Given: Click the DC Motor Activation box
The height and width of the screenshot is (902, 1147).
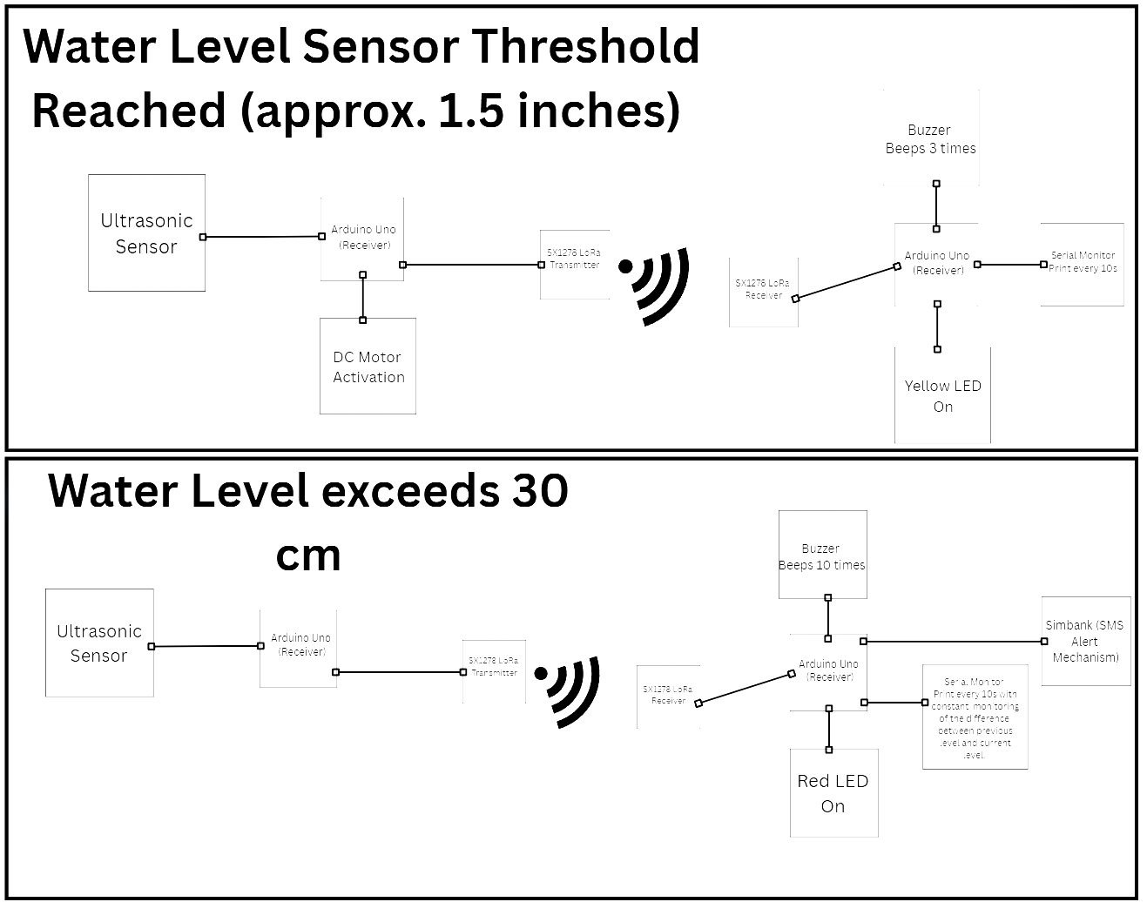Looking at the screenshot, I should point(368,367).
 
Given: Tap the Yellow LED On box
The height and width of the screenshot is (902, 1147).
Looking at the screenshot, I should point(942,395).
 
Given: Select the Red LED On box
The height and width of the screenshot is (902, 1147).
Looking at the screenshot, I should point(833,793).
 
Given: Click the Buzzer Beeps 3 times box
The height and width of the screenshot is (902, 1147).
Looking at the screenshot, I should point(930,139).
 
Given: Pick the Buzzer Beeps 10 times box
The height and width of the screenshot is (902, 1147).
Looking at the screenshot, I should point(822,555).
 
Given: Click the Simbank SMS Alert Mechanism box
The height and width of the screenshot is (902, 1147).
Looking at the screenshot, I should point(1085,641).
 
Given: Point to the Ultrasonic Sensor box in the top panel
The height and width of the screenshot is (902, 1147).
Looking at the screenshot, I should point(146,232).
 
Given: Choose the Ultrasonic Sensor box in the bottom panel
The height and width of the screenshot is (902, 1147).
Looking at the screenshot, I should point(99,643).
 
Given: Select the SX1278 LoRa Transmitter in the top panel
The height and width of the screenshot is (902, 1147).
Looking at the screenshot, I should point(574,260).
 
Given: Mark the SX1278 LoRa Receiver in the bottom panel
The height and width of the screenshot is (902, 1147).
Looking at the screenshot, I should point(668,696).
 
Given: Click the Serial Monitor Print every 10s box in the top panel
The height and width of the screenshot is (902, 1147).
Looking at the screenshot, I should point(1083,262).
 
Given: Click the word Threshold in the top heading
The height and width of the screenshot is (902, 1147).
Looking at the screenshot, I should point(589,46).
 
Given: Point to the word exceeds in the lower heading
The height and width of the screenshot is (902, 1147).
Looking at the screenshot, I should point(409,491).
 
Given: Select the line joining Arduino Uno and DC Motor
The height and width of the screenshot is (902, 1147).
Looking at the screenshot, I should point(363,298).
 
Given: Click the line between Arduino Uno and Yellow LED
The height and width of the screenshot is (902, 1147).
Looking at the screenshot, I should point(937,326).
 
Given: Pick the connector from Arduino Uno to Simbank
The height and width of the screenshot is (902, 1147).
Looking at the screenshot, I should point(954,642).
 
